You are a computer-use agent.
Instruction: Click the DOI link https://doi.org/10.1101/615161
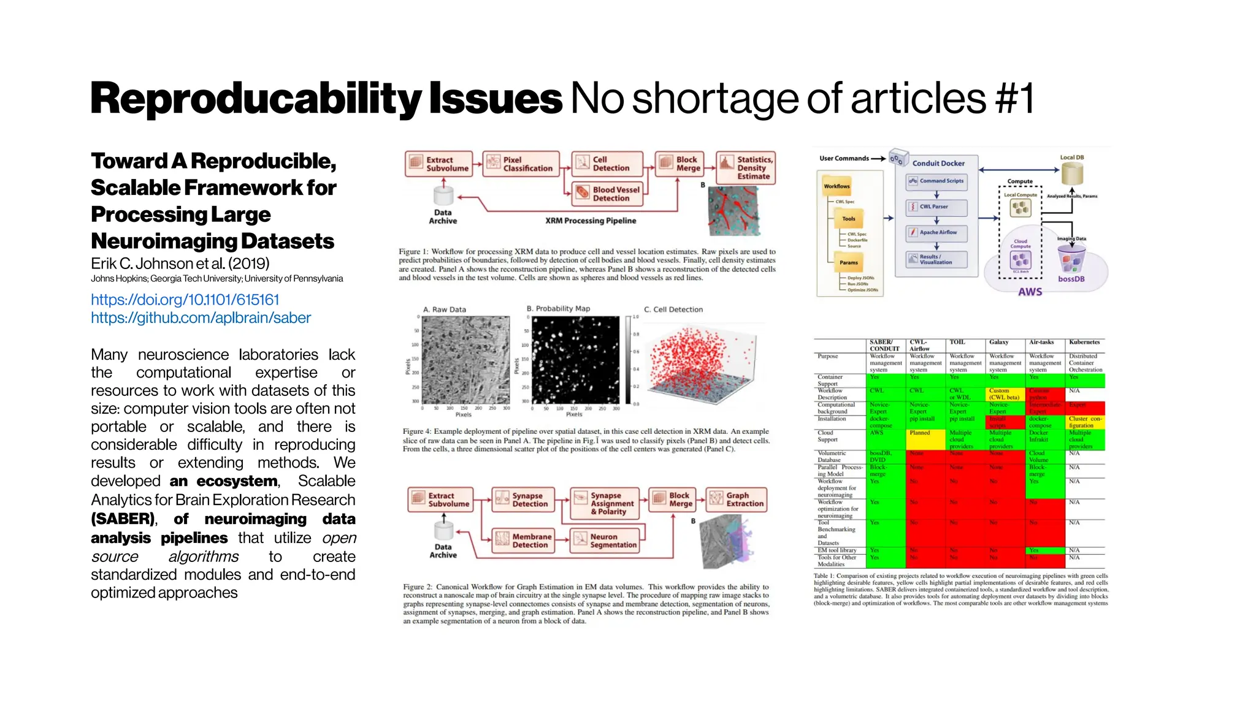click(x=185, y=300)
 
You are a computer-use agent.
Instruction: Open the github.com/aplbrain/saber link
click(x=201, y=317)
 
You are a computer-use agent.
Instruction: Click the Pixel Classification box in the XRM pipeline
click(x=521, y=164)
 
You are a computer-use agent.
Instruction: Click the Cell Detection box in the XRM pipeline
click(x=607, y=164)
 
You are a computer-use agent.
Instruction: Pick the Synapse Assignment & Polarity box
click(x=605, y=503)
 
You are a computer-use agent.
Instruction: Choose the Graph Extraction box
click(x=737, y=499)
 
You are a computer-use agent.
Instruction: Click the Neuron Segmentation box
click(x=605, y=541)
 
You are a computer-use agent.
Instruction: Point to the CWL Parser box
click(x=936, y=207)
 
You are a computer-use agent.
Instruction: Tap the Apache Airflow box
click(x=936, y=233)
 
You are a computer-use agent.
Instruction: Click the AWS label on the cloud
click(x=1030, y=292)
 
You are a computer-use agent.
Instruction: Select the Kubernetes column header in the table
click(x=1084, y=342)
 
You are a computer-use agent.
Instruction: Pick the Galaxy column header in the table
click(x=998, y=342)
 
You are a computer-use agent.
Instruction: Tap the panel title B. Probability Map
click(x=558, y=308)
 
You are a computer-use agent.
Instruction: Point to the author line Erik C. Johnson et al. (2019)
click(x=180, y=264)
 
